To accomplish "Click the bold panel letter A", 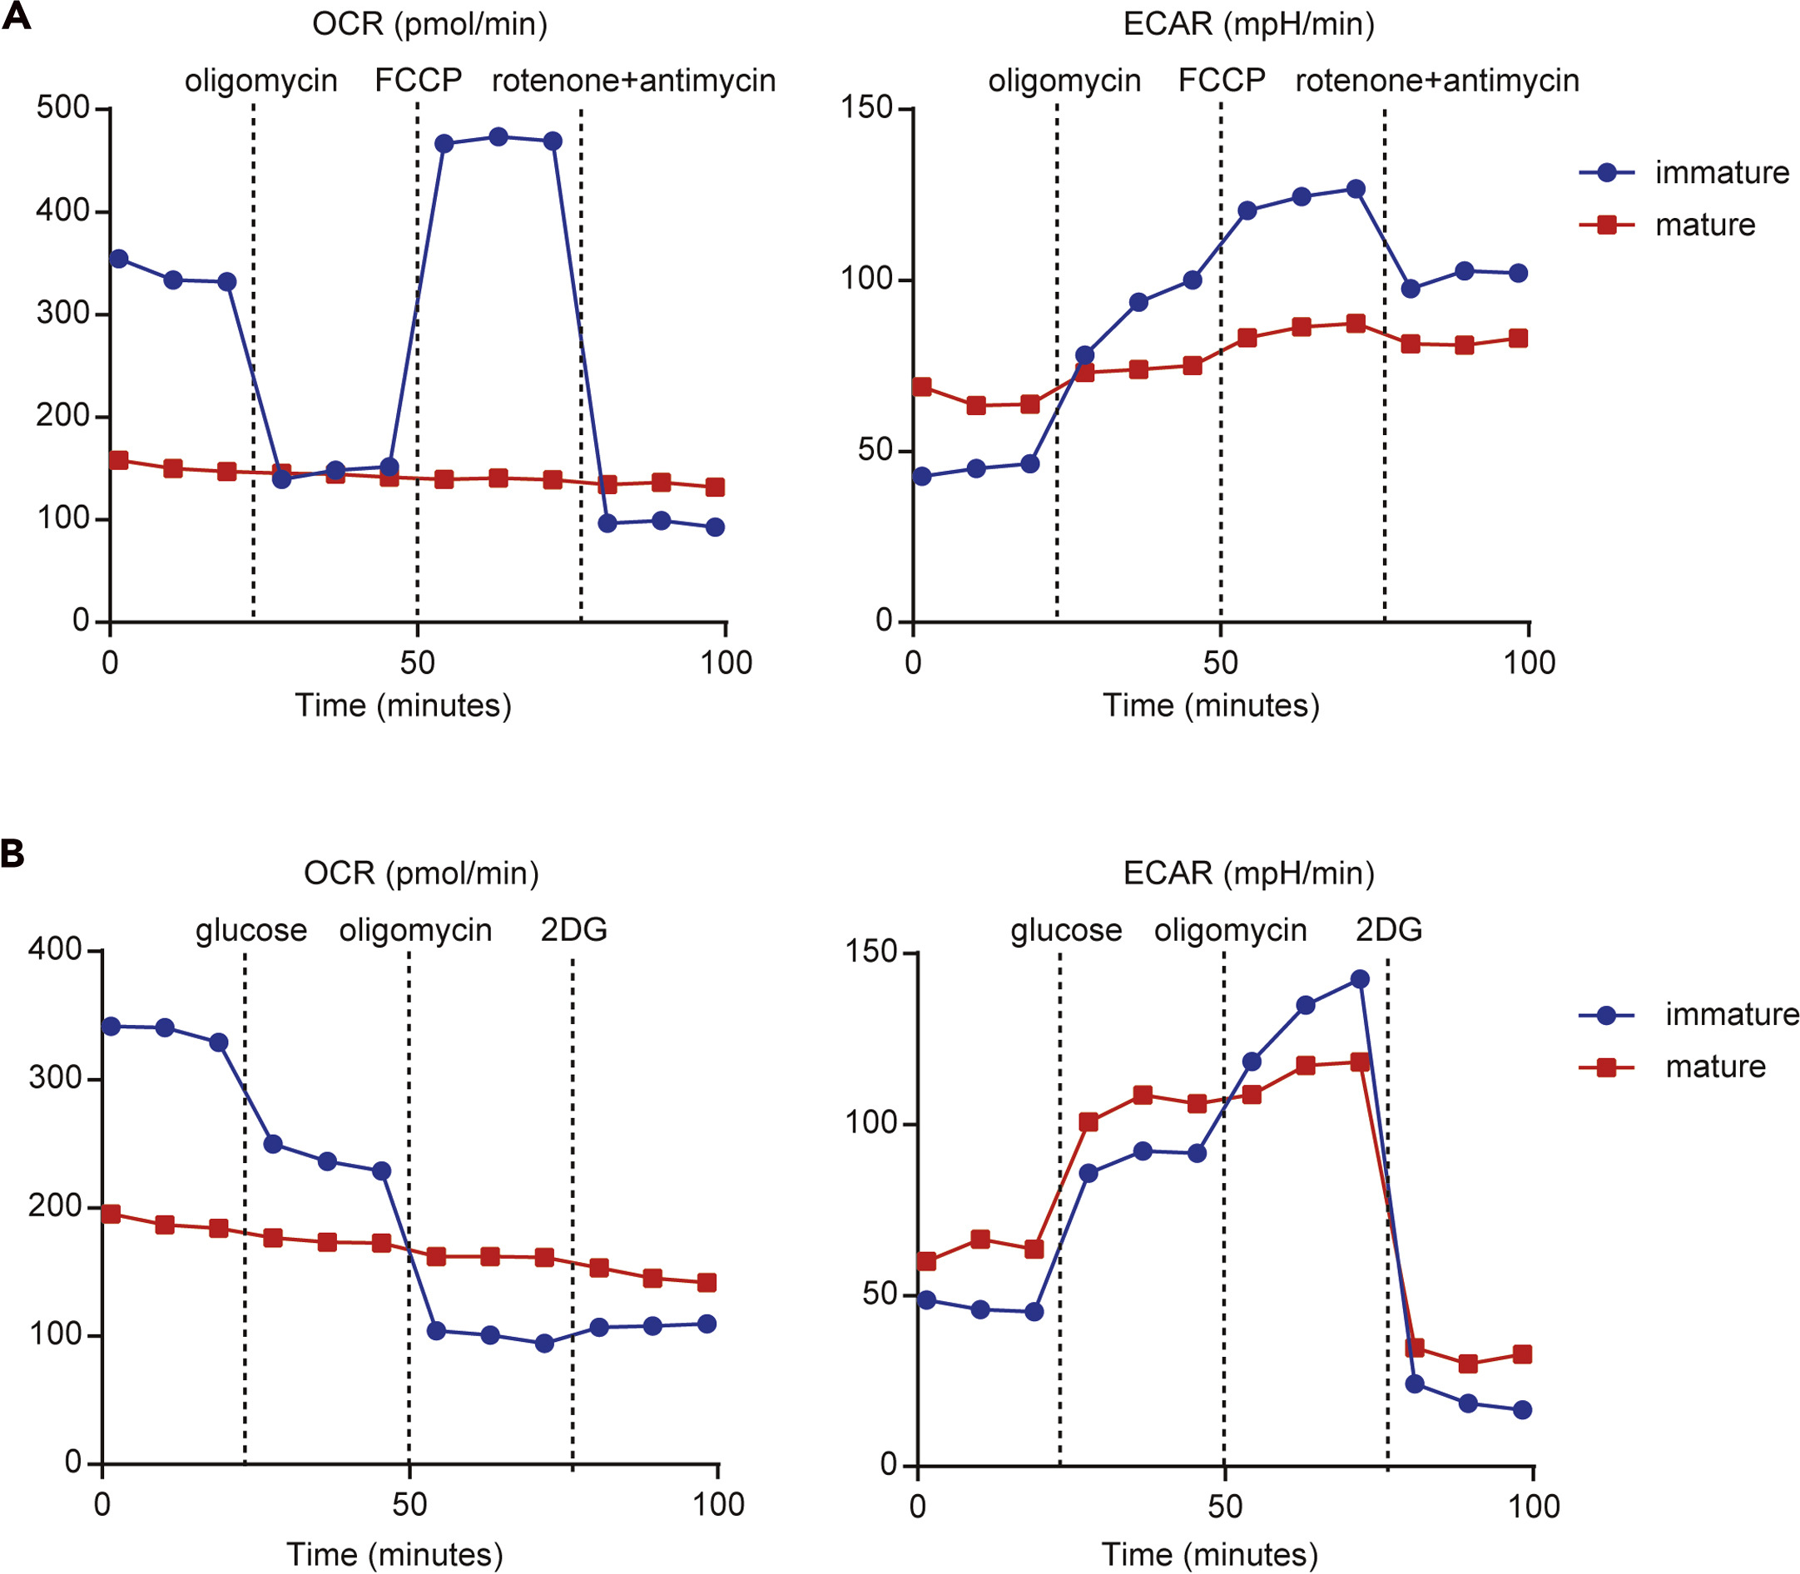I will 17,17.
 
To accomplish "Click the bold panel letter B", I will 12,853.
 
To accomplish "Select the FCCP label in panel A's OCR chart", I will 418,81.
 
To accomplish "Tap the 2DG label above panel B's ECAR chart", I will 1388,930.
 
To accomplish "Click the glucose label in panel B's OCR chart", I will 251,930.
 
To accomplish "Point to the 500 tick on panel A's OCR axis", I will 63,108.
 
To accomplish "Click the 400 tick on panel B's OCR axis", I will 54,949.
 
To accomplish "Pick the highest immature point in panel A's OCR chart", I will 498,137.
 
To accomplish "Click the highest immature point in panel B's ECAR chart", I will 1360,979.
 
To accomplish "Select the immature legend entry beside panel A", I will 1721,173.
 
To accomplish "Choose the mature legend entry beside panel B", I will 1715,1067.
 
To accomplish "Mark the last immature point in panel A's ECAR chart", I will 1518,273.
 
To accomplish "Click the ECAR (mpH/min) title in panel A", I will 1248,24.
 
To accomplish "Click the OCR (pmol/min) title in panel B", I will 421,873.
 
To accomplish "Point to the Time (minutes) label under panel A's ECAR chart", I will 1211,705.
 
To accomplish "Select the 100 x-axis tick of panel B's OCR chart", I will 719,1506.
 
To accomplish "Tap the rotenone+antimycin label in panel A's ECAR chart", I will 1437,81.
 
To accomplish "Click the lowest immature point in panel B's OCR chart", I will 544,1343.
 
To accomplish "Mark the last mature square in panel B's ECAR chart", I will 1522,1354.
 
